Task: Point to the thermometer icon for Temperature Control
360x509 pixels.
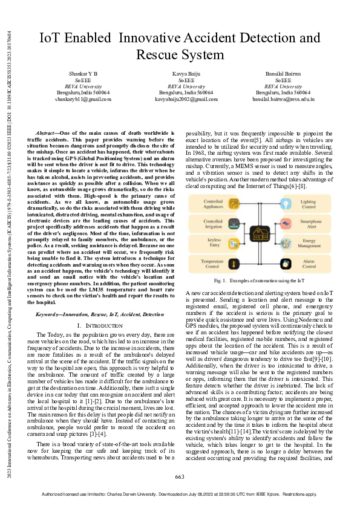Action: point(235,264)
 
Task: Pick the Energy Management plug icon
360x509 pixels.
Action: point(290,244)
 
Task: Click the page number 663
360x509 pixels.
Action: point(180,478)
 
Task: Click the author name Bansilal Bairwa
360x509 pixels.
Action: point(283,73)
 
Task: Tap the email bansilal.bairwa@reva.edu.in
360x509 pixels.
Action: point(283,98)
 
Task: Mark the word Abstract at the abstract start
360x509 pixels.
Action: point(46,132)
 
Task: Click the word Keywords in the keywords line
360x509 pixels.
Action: point(50,315)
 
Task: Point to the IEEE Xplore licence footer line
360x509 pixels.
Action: point(180,494)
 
